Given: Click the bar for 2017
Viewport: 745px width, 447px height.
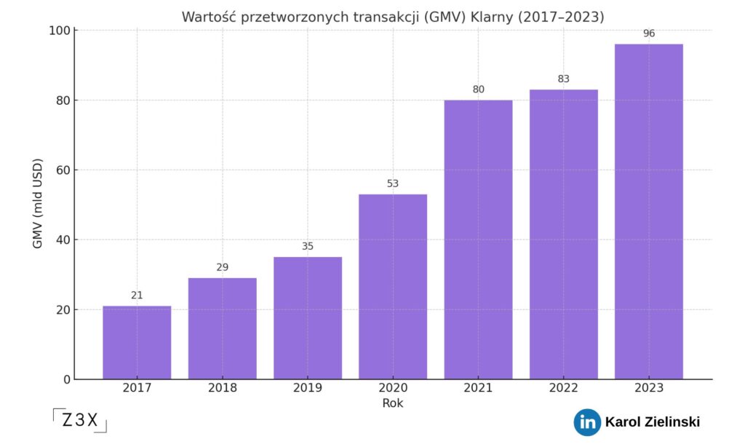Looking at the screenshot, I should point(137,342).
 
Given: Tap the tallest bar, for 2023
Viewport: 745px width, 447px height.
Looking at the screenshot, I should point(648,211).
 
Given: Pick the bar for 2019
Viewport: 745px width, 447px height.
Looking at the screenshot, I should point(308,317).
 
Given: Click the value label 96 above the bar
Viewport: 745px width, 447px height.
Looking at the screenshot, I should point(648,33).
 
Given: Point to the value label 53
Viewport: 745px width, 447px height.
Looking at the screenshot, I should point(393,183).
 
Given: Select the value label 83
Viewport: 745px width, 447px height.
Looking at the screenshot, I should point(563,79).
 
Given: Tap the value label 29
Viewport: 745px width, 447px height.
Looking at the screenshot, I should point(223,267).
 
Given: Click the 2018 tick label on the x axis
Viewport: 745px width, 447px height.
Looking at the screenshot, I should point(223,388).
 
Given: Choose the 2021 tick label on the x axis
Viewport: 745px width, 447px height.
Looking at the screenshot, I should point(478,388).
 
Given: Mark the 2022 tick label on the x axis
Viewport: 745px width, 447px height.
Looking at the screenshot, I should point(563,388).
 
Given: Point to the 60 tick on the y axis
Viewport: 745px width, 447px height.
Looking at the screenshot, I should point(61,170).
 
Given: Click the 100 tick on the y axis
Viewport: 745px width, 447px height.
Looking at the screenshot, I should point(58,31).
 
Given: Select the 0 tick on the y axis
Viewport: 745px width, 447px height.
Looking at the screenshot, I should point(66,379).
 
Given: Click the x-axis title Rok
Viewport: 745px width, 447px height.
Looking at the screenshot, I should point(393,403).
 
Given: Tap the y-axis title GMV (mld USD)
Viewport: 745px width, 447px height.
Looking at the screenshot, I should point(38,203).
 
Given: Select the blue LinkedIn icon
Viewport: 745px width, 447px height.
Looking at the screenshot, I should point(586,422).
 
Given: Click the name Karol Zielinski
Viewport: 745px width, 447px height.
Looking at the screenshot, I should point(652,422).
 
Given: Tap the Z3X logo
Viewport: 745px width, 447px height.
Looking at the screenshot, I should point(80,421).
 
